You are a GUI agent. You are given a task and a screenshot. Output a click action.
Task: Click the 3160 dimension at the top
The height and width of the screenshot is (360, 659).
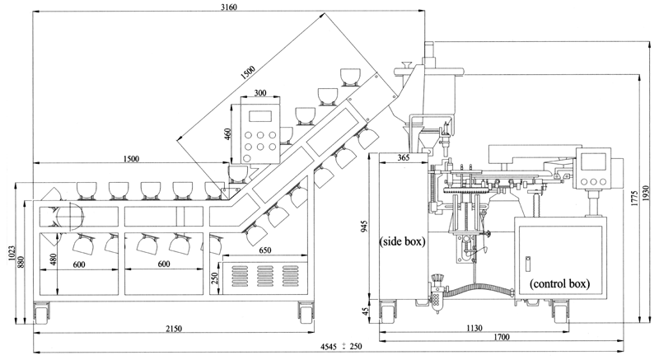coord(229,7)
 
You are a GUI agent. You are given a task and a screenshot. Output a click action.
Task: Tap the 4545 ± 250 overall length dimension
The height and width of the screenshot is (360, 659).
coord(341,347)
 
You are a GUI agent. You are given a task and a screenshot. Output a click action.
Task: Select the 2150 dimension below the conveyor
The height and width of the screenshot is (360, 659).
coord(174,329)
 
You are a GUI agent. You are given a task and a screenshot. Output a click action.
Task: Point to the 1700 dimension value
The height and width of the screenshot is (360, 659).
coord(502,336)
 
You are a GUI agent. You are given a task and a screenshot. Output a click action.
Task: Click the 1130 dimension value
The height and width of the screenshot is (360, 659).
coord(474,328)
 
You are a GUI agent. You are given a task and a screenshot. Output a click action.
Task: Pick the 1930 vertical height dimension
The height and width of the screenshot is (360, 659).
coord(647,194)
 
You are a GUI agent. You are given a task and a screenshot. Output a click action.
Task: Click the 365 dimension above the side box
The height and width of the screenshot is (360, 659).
coord(403,158)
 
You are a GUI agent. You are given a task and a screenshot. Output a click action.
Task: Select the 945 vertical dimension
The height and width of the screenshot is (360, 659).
coord(364,226)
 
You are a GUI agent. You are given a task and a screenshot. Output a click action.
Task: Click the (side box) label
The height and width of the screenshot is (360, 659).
coord(402,241)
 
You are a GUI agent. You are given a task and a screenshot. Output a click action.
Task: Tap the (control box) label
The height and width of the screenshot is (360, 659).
coord(559,283)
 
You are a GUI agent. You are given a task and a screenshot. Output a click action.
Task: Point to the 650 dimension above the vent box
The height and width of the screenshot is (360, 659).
coord(264,250)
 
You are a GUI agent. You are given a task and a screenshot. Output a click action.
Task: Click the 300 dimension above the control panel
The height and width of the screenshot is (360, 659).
coord(260,93)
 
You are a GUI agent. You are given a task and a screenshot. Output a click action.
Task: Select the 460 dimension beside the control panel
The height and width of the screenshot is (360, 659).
coord(227,134)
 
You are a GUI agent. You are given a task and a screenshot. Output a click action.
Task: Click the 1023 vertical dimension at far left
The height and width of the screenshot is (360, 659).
coord(11,253)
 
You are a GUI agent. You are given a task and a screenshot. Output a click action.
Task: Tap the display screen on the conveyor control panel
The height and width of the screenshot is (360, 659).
coord(260,116)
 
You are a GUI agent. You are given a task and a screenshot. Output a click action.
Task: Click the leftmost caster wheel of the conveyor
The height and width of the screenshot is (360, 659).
coord(42,313)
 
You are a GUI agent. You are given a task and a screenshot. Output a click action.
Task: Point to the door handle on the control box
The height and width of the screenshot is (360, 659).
coord(528,264)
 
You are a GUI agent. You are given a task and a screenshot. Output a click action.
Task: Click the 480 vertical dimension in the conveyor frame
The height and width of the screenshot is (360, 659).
coord(53,259)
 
